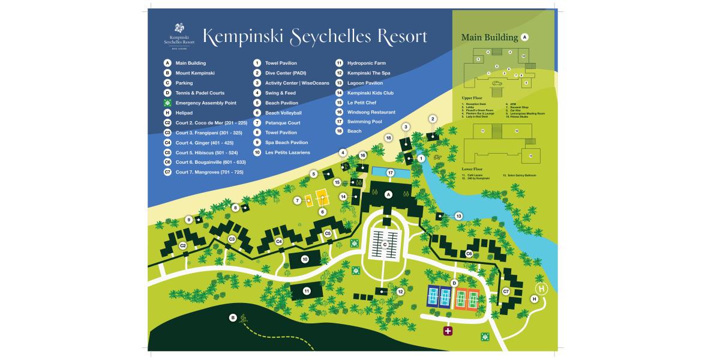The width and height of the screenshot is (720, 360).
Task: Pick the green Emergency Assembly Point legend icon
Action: (168, 103)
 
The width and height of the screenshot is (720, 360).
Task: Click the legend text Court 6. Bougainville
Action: (211, 162)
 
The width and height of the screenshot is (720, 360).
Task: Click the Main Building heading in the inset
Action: (489, 37)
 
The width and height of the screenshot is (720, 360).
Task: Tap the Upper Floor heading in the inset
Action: (473, 97)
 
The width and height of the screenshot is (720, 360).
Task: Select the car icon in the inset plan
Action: (497, 83)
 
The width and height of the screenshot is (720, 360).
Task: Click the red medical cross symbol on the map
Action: (448, 331)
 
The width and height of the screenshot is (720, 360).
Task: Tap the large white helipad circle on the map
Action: (542, 289)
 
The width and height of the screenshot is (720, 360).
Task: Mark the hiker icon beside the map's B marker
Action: (244, 319)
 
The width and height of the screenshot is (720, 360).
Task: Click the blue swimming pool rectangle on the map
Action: (391, 173)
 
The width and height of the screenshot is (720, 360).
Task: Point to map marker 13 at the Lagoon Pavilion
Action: (459, 216)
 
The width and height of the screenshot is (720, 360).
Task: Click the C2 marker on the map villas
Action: (184, 245)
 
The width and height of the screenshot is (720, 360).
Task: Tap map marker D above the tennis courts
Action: (454, 283)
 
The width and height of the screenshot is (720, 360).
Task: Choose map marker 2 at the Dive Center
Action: (433, 119)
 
